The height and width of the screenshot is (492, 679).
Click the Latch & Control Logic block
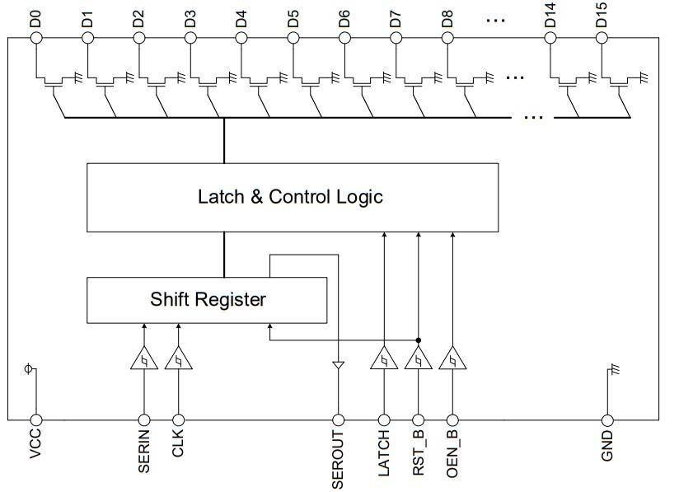click(x=292, y=197)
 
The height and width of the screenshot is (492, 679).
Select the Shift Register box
click(x=208, y=299)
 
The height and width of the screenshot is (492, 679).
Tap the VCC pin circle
click(x=35, y=419)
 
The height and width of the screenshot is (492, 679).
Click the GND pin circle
click(x=607, y=419)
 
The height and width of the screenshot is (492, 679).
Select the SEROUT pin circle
click(x=338, y=419)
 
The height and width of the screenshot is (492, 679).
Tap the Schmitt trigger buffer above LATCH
click(x=384, y=359)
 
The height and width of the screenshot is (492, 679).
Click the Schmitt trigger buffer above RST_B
click(x=419, y=359)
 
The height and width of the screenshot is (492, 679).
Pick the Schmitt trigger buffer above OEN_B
click(x=452, y=359)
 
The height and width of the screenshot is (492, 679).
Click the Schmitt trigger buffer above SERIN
click(x=143, y=359)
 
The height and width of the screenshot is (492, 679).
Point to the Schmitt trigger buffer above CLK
click(x=178, y=359)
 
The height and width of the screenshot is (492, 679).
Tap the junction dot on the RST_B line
click(x=419, y=340)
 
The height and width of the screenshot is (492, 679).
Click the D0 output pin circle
click(x=35, y=37)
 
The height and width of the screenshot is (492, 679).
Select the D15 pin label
click(x=602, y=17)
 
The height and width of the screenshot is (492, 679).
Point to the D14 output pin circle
click(x=550, y=37)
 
